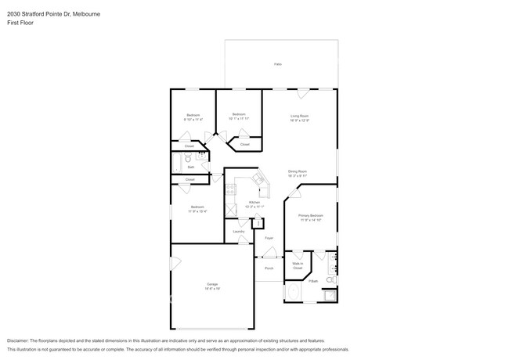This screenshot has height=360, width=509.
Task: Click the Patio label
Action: click(278, 64)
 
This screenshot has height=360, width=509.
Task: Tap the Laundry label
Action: click(238, 232)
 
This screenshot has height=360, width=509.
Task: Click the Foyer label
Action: click(269, 237)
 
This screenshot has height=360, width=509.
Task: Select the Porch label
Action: click(269, 268)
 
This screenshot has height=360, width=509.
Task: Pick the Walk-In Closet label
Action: click(298, 265)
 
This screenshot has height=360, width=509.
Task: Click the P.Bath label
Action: click(312, 280)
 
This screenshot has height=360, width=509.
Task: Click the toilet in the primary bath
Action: click(331, 279)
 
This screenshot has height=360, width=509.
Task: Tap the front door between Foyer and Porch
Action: click(269, 254)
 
